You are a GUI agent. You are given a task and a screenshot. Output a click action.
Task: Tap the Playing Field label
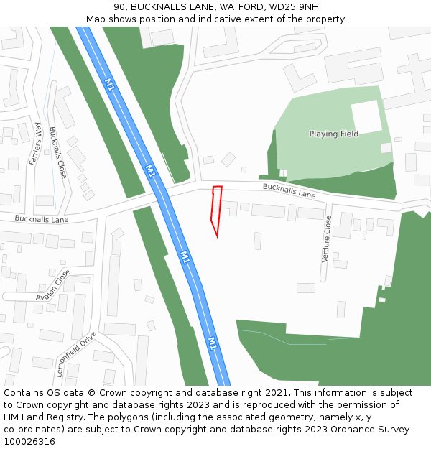click(x=333, y=134)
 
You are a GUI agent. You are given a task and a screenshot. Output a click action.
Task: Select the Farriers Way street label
click(x=34, y=144)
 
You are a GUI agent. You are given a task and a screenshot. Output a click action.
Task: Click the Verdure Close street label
click(x=326, y=239)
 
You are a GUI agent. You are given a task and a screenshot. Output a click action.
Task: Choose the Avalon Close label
click(x=53, y=285)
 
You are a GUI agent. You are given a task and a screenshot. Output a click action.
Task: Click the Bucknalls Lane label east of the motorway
click(x=289, y=190)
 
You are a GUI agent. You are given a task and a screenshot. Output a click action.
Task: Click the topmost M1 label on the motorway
click(x=109, y=85)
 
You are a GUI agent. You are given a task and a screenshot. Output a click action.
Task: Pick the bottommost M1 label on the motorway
click(x=213, y=343)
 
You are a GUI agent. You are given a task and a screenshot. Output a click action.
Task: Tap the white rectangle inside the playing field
click(x=366, y=117)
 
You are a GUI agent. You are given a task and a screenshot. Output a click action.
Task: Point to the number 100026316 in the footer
click(x=29, y=442)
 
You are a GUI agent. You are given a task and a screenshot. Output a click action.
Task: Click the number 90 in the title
click(x=119, y=7)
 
